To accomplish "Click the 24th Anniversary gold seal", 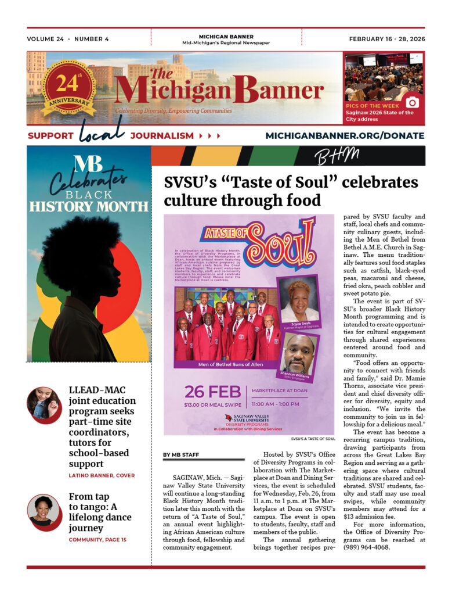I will [x=68, y=87].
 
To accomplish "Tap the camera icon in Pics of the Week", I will [x=411, y=102].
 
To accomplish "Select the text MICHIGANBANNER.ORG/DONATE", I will [x=345, y=136].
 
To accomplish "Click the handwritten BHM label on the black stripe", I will [x=336, y=156].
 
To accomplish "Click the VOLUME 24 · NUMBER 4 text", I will [x=68, y=39].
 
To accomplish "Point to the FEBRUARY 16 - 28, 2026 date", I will [x=386, y=39].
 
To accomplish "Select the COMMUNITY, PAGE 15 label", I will [x=97, y=540].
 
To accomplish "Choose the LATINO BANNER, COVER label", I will [x=102, y=475].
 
